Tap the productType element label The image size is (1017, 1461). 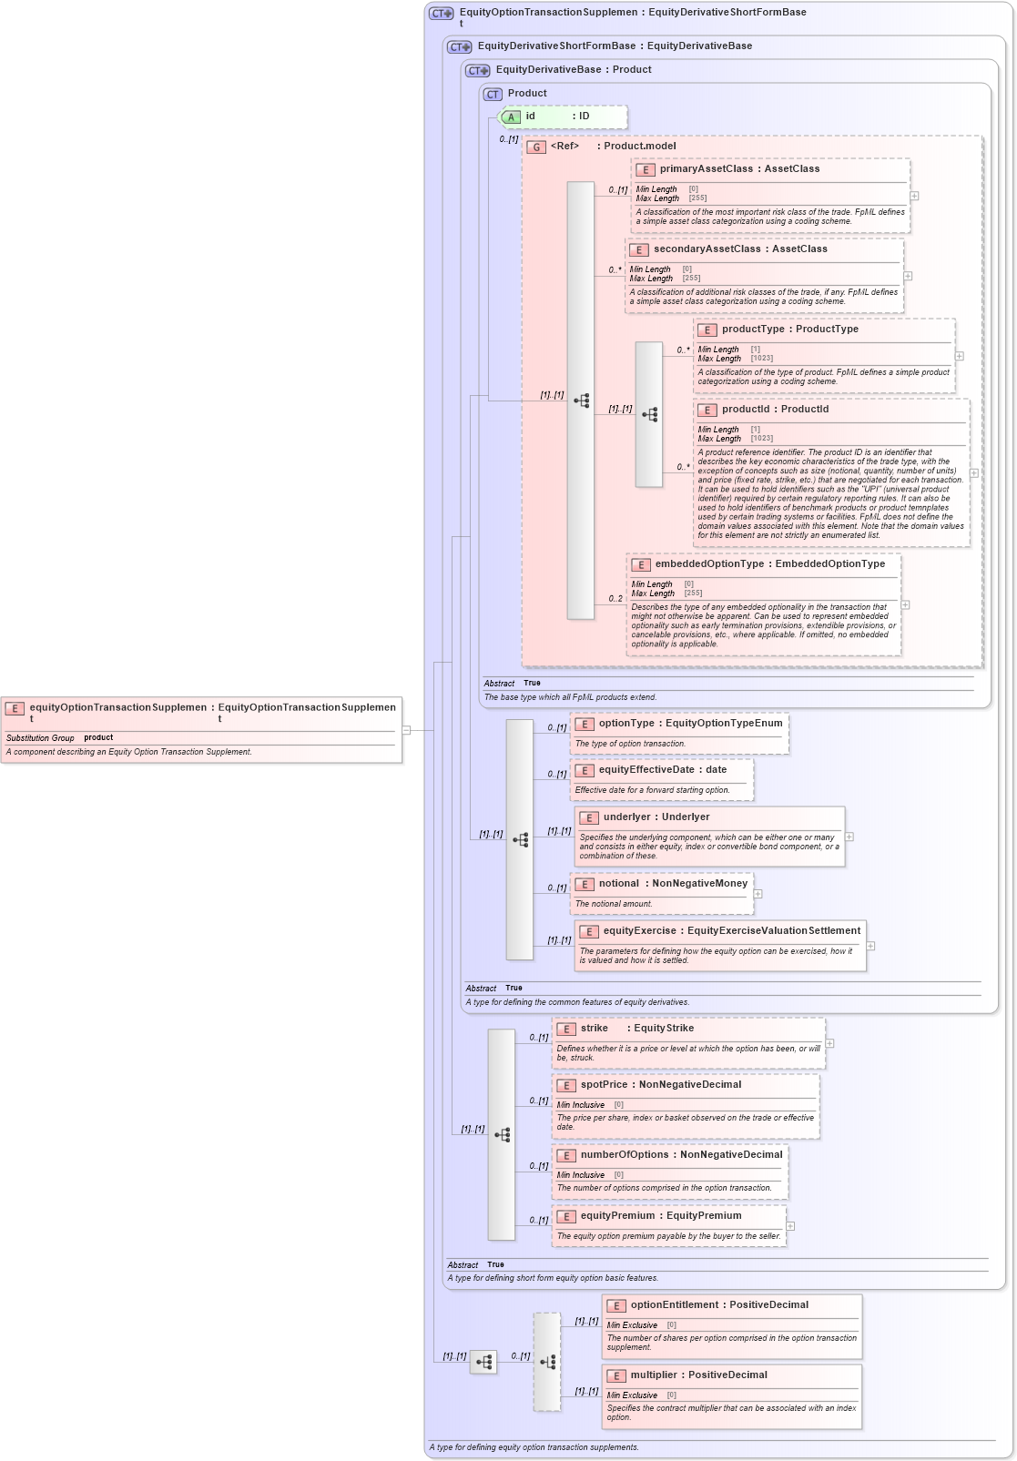pos(752,330)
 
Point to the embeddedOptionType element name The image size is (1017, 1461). pos(709,564)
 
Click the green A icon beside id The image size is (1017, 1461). pos(511,117)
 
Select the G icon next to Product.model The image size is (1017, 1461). pos(536,147)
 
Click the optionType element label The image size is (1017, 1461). pos(626,724)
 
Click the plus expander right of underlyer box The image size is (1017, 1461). pos(849,837)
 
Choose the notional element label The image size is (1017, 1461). pos(619,884)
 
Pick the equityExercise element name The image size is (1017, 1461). pos(639,931)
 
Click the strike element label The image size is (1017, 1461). pos(594,1029)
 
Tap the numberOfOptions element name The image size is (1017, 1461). pos(625,1155)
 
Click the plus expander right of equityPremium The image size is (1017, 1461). pos(790,1226)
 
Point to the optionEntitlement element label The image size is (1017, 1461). pos(674,1305)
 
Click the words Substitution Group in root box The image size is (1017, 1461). pos(40,738)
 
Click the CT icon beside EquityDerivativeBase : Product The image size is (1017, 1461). pos(477,70)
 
